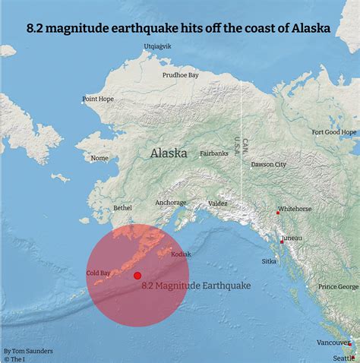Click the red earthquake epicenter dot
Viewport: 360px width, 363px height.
point(137,276)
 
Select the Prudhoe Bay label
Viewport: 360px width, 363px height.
point(180,75)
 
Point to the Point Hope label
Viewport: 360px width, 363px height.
point(98,99)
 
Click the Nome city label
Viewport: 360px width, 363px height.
point(99,159)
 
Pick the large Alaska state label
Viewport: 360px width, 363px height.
point(169,153)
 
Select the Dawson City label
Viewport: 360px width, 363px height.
point(269,164)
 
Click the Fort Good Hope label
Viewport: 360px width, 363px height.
point(334,131)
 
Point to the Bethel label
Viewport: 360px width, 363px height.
point(122,207)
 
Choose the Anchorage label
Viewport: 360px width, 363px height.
point(171,203)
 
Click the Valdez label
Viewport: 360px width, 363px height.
point(218,204)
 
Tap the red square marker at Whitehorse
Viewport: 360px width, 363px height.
point(278,213)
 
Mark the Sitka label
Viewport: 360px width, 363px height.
point(269,260)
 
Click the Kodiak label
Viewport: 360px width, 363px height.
point(182,254)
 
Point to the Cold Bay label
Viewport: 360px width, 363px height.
point(99,273)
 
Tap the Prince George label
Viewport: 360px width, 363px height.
point(338,286)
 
